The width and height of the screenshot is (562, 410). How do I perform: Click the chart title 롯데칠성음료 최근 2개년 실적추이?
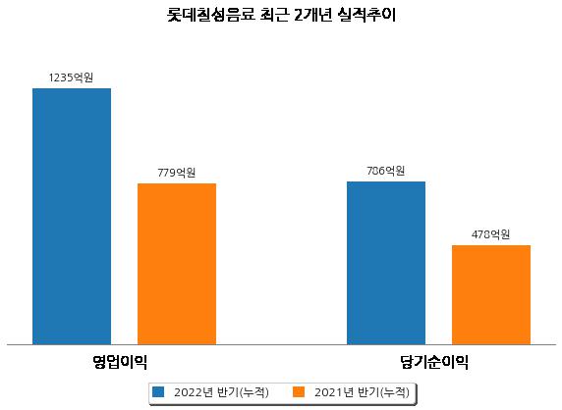(281, 15)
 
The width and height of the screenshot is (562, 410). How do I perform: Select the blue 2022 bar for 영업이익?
(72, 217)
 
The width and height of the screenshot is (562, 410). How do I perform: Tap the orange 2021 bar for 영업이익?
(177, 264)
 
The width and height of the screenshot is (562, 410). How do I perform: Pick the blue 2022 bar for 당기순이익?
(386, 263)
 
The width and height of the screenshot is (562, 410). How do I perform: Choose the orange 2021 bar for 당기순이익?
(491, 295)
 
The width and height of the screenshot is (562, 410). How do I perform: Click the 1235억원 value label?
(71, 77)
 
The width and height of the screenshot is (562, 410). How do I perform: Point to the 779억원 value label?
(176, 173)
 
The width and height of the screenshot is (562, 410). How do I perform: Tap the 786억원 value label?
(386, 171)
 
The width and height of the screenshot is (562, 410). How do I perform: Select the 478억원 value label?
(490, 234)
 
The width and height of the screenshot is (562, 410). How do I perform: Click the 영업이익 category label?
(120, 362)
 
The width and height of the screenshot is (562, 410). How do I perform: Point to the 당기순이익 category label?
(434, 362)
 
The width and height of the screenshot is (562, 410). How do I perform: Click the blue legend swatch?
(158, 391)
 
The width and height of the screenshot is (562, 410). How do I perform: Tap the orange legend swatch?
(299, 391)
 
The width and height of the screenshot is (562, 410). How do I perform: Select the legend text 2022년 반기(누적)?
(221, 392)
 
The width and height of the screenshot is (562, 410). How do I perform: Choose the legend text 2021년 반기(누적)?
(362, 392)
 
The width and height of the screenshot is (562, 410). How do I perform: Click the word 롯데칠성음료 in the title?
(211, 15)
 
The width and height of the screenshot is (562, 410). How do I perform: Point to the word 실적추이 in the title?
(366, 15)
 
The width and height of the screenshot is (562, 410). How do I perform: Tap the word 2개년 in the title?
(312, 15)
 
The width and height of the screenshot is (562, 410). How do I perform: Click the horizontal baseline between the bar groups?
(281, 345)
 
